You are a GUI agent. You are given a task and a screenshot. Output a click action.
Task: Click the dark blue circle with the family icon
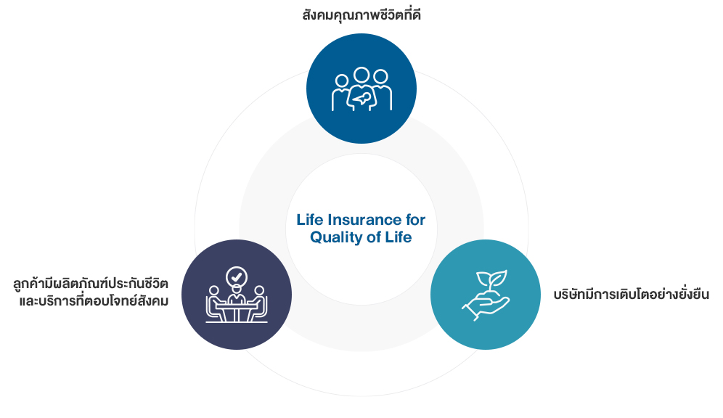click(361, 89)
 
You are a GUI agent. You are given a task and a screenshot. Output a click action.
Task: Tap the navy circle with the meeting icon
click(237, 295)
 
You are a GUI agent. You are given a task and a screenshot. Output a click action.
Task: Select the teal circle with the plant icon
click(486, 295)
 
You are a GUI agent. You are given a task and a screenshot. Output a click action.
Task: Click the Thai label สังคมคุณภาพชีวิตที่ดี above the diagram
click(361, 16)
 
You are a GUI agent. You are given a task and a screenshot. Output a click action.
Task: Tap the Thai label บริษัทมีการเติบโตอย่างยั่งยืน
click(632, 294)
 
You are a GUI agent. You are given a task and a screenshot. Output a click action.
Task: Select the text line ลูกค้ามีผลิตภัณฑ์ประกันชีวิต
click(91, 284)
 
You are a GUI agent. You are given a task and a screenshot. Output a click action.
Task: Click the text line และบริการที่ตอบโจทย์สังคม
click(94, 301)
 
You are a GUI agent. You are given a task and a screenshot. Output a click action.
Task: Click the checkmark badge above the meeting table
click(237, 277)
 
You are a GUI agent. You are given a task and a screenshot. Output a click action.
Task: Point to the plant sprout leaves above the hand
click(492, 279)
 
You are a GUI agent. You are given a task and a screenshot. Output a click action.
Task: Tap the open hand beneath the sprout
click(486, 305)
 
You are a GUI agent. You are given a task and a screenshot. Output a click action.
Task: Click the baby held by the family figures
click(360, 98)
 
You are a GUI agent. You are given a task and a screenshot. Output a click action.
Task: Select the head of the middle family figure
click(361, 75)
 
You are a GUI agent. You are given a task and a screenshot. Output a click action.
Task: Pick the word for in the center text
click(415, 220)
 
